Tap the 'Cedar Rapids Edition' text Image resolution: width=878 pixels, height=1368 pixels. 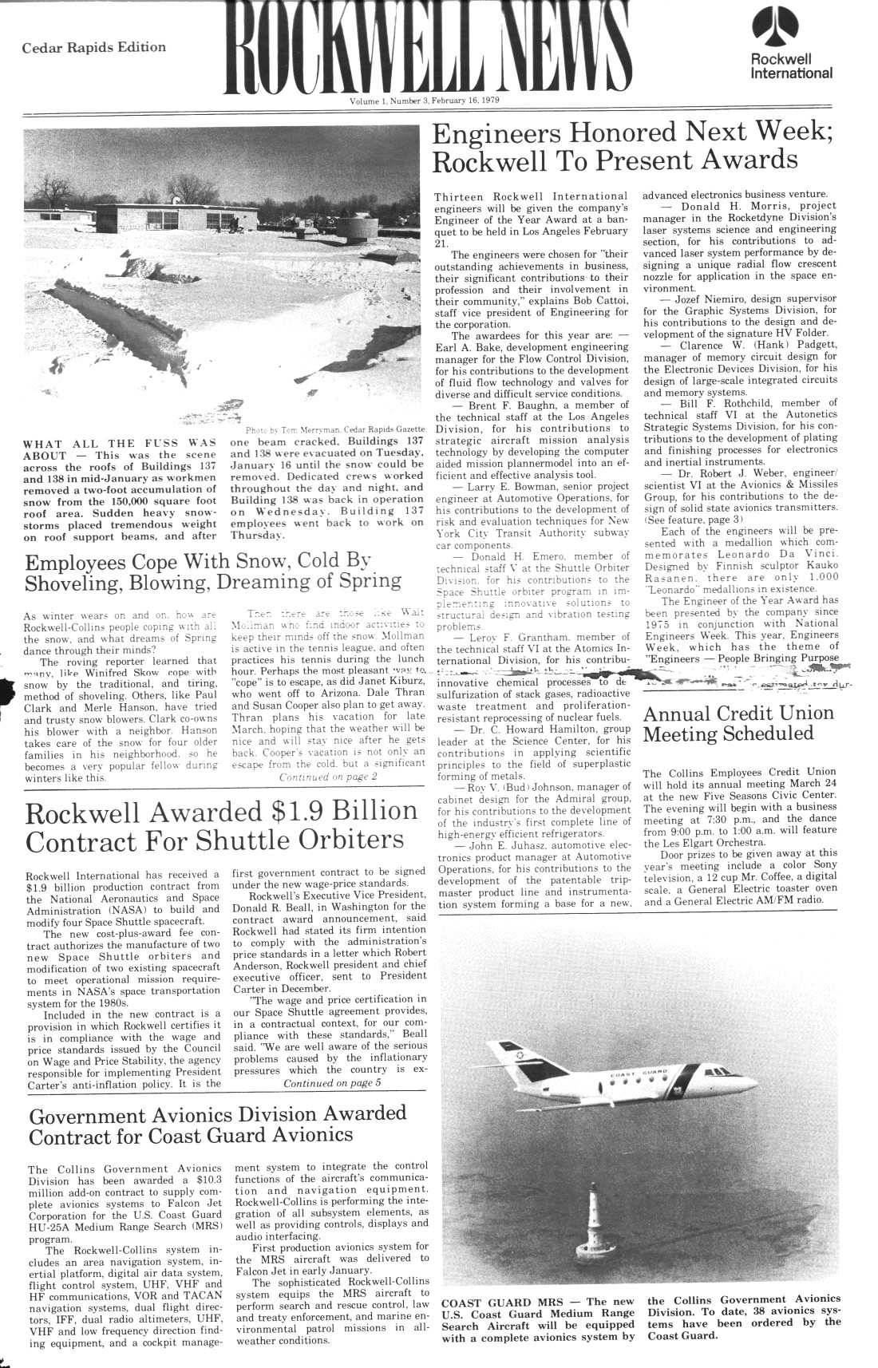point(94,47)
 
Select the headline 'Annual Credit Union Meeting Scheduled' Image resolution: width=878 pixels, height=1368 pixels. point(738,723)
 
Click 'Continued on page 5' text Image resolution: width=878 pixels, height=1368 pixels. point(332,1083)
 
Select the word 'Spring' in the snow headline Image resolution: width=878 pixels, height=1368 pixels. point(359,580)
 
